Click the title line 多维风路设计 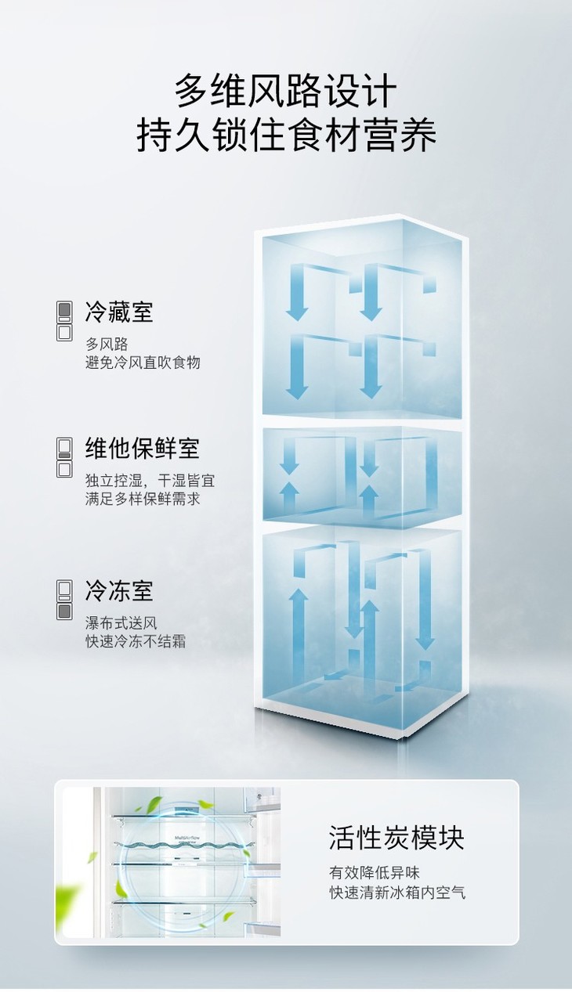coord(286,92)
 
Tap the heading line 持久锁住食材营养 coord(286,135)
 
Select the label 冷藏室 coord(119,312)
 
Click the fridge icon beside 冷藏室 coord(64,320)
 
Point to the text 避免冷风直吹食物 coord(143,362)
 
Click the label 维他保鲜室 coord(142,448)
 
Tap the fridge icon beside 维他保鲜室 coord(64,457)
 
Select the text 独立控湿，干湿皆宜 coord(150,480)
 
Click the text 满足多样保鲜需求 coord(143,498)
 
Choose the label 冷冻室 coord(119,590)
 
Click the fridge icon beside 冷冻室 coord(64,600)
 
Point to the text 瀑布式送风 coord(121,623)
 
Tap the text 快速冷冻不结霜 coord(136,641)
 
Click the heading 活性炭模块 coord(396,837)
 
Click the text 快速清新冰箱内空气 coord(397,892)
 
